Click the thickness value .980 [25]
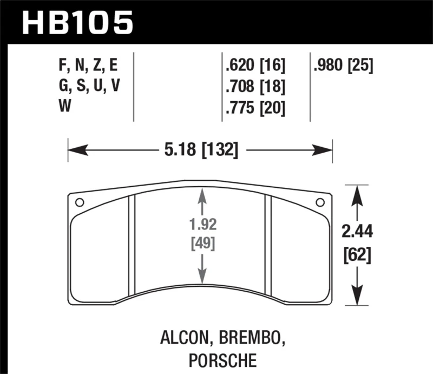343,66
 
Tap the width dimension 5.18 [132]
200,149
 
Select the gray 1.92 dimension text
202,224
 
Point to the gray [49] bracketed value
202,244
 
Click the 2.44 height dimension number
357,232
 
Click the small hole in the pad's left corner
79,203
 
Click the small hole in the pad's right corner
320,203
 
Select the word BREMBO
251,339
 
